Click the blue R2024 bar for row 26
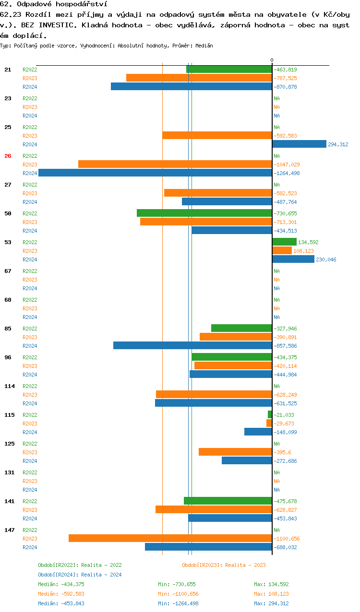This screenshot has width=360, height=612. (155, 173)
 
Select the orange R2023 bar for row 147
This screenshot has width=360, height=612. (170, 538)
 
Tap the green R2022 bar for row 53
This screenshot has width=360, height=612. (284, 242)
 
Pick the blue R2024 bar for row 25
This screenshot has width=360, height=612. (299, 144)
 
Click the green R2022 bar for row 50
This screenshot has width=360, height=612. (204, 213)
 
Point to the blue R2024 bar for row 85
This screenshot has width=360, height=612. (192, 345)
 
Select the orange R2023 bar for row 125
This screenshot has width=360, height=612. (235, 452)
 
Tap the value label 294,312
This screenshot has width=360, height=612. (338, 144)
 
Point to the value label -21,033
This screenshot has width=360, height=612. (284, 415)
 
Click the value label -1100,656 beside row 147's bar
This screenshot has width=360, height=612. (287, 539)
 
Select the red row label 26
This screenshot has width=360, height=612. (8, 156)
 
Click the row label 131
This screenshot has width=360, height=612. (9, 472)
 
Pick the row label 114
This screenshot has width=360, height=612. (9, 386)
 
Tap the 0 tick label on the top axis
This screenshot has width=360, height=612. (272, 60)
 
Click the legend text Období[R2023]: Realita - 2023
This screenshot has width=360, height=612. (224, 565)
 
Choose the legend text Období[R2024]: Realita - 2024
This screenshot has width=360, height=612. (80, 575)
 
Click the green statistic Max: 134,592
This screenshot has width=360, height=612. (271, 584)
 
